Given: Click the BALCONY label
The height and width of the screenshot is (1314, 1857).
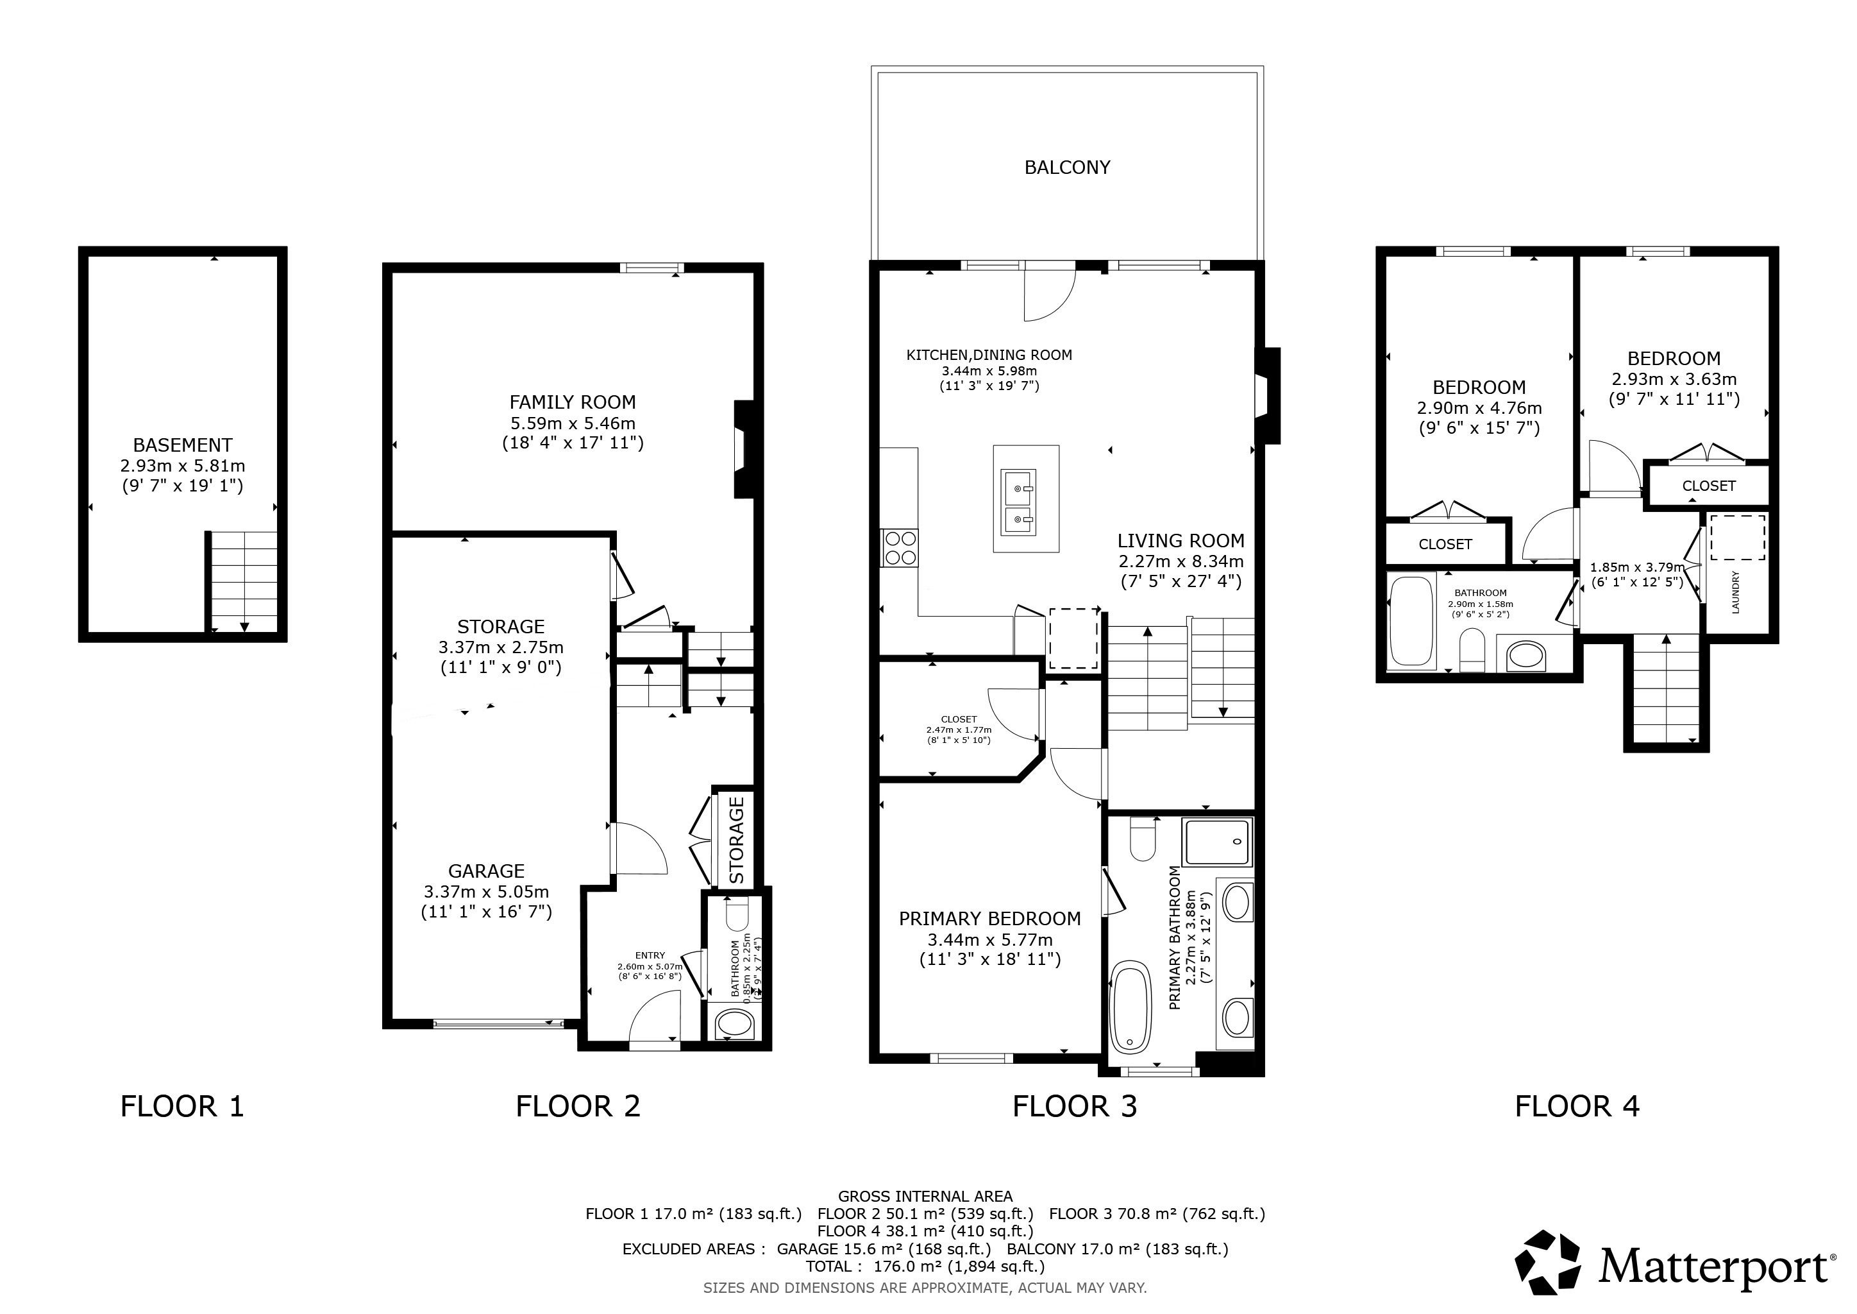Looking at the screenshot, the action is click(1067, 167).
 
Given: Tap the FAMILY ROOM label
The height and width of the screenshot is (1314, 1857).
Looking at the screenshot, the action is click(573, 402).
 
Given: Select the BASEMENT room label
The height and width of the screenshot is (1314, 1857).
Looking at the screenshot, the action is click(183, 445).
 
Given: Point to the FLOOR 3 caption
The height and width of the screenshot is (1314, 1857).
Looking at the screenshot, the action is click(1075, 1106).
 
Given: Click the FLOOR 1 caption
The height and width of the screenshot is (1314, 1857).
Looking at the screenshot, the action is click(182, 1106).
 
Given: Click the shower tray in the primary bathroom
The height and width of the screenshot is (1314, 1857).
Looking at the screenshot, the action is click(1216, 842).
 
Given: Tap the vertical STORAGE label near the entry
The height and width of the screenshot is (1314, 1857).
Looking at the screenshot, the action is click(736, 840).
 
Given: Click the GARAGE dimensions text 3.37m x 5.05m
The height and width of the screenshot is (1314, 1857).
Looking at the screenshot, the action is click(486, 892).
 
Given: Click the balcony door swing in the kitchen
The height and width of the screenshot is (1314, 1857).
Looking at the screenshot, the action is click(1049, 294).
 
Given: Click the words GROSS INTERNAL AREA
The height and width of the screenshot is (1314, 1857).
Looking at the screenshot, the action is click(925, 1196).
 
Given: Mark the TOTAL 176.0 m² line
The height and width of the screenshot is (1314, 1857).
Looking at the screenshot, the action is click(925, 1267).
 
